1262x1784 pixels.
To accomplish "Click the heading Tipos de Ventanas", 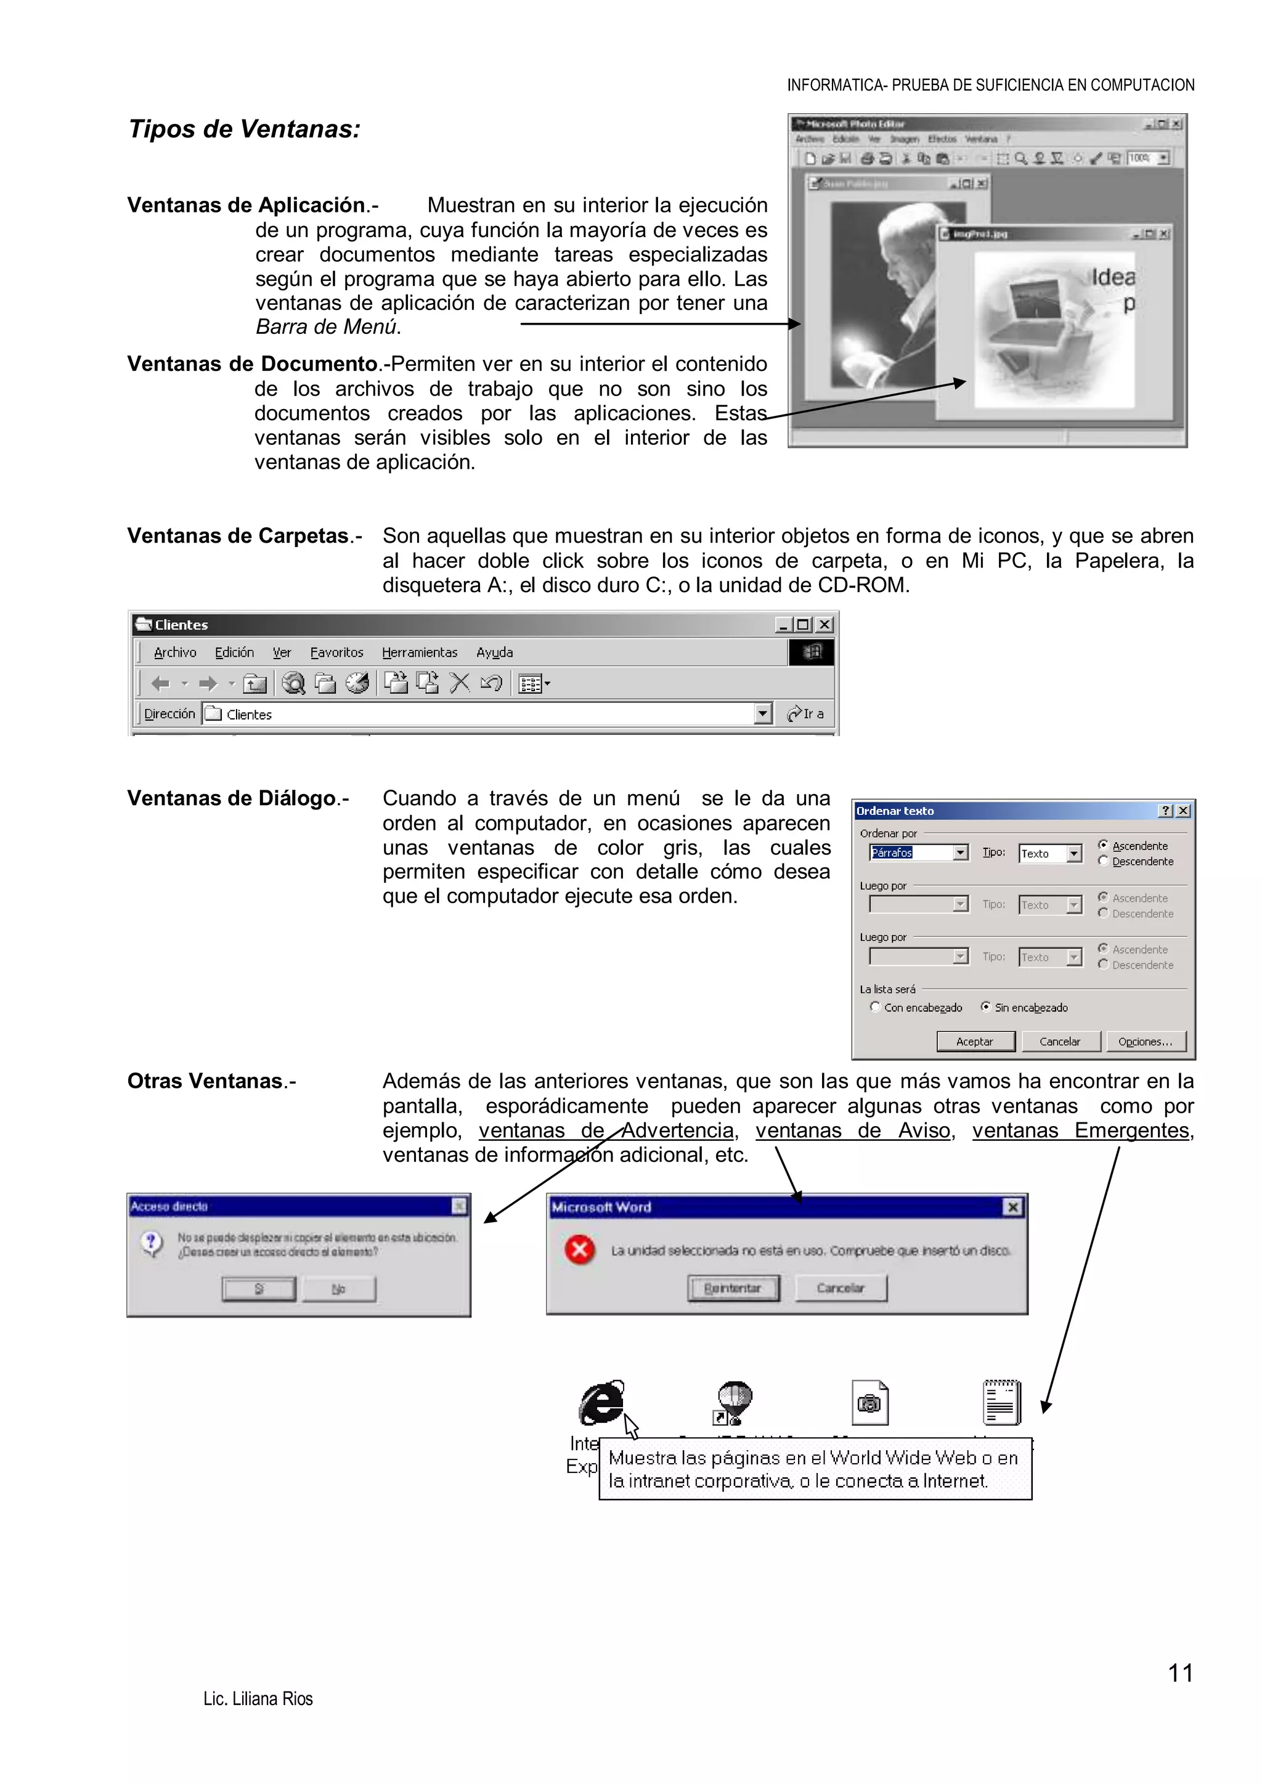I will (244, 129).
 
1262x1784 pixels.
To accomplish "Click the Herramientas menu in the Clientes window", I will (419, 653).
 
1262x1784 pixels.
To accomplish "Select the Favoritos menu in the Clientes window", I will (336, 653).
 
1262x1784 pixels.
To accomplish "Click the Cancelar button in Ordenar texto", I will (1059, 1041).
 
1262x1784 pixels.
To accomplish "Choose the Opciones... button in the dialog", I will (1145, 1041).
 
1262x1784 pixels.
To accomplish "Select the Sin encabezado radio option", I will (985, 1007).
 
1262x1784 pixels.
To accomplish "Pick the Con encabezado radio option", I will (875, 1007).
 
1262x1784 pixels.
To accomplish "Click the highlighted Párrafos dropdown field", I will (910, 853).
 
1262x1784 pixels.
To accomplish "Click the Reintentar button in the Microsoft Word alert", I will (732, 1288).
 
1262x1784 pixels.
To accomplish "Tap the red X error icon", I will (579, 1250).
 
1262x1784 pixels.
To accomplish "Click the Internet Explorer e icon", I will (601, 1403).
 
